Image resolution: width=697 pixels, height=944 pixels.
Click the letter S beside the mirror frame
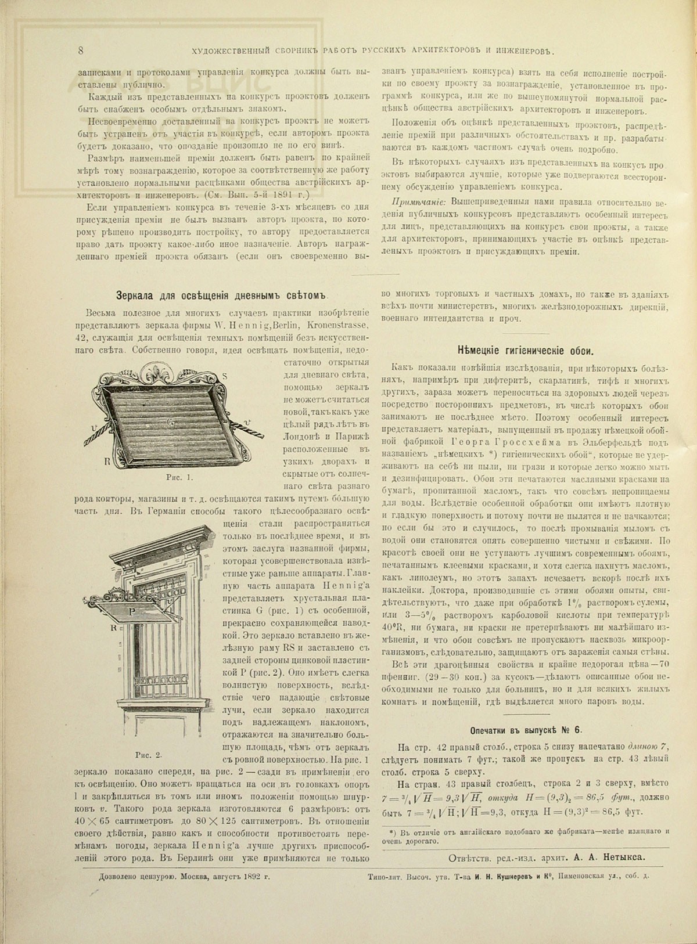coord(225,376)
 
